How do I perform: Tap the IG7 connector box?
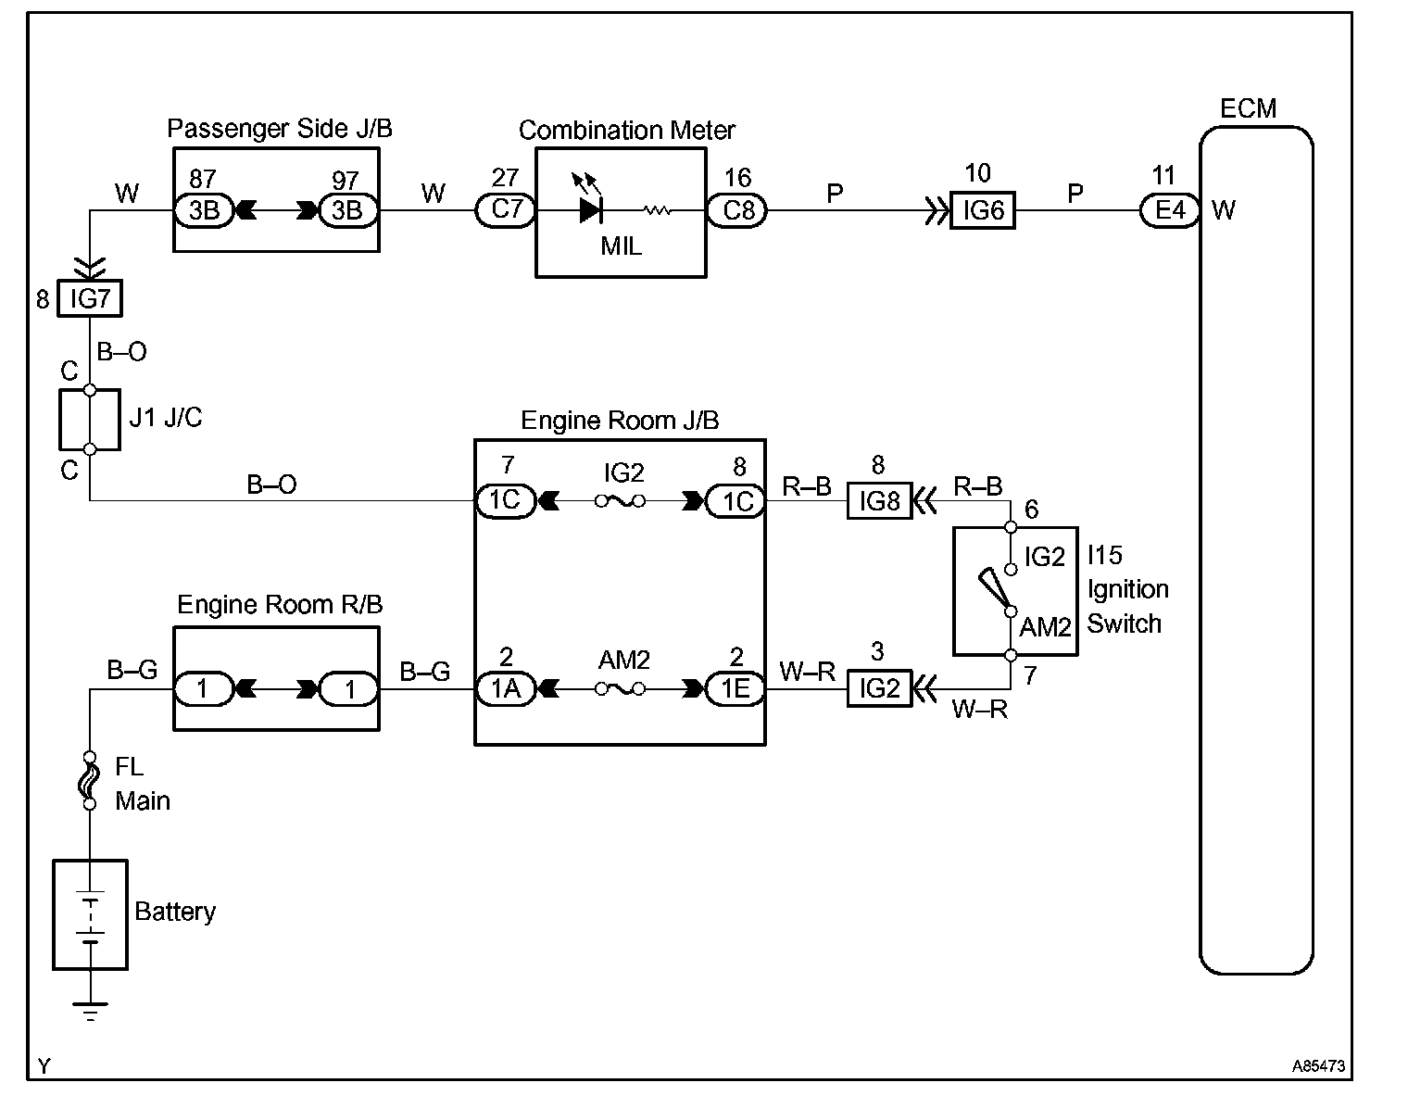(90, 299)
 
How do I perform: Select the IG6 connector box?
(983, 211)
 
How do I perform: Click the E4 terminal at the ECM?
(1170, 211)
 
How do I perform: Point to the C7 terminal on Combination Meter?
(506, 210)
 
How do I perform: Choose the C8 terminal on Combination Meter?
(738, 211)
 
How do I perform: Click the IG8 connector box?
(879, 501)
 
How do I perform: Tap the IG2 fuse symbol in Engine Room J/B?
(620, 501)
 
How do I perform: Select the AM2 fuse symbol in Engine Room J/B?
(620, 689)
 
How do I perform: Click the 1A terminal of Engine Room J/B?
(506, 689)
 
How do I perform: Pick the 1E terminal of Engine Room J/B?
(735, 689)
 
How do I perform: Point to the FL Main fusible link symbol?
(90, 780)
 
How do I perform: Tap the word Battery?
(175, 912)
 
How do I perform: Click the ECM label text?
(1248, 108)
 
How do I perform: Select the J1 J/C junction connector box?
(90, 420)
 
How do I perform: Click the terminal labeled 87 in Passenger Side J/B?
(204, 211)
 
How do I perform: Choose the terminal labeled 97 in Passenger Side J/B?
(347, 211)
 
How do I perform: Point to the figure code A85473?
(1318, 1066)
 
